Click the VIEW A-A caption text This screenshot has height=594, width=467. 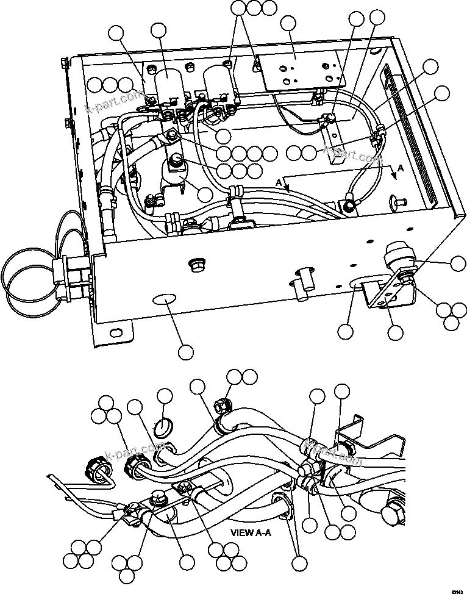tap(251, 532)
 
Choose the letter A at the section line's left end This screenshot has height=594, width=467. tap(279, 182)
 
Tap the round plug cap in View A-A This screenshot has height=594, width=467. tap(163, 427)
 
